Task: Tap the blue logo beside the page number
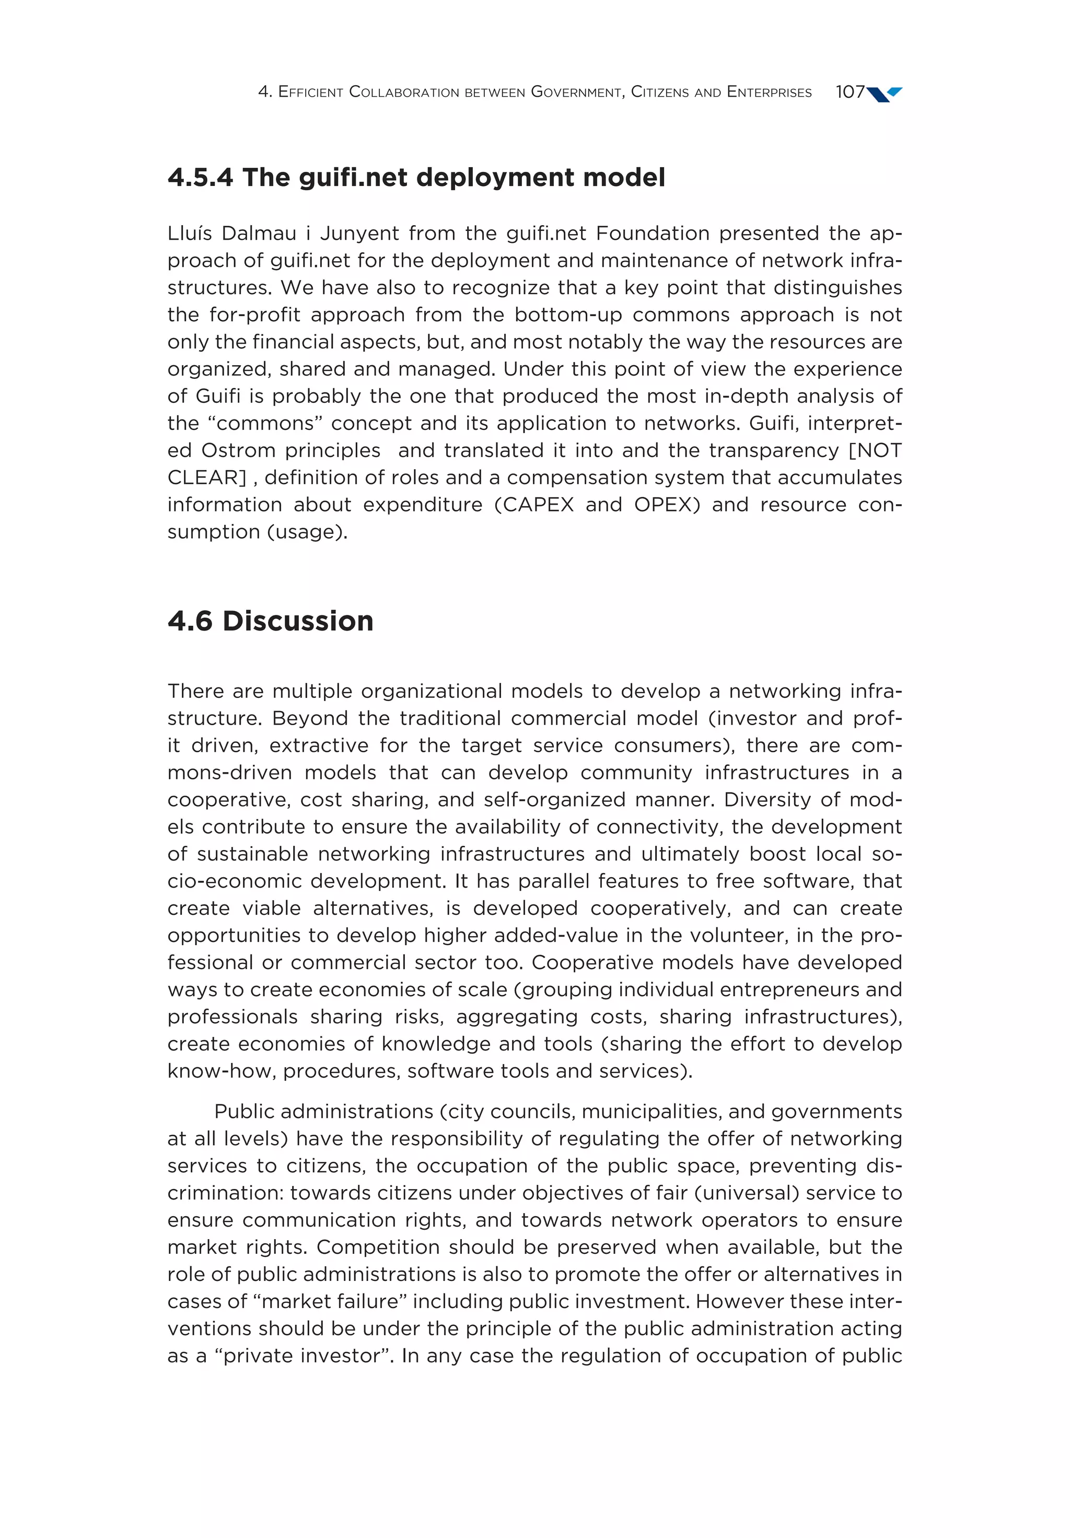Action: (885, 94)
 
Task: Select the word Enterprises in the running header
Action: (769, 92)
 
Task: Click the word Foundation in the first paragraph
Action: (652, 233)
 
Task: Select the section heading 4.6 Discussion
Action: (270, 621)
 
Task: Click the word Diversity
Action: (766, 800)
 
